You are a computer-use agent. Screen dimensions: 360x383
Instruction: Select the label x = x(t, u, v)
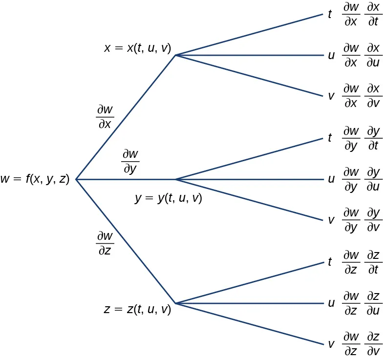[x=137, y=48]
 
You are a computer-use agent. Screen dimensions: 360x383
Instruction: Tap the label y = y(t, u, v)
[x=168, y=198]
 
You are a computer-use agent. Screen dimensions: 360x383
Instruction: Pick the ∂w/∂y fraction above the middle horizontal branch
[x=130, y=162]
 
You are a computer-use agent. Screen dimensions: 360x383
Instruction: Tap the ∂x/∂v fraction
[x=374, y=97]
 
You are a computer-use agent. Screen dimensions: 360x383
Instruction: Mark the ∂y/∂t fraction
[x=374, y=139]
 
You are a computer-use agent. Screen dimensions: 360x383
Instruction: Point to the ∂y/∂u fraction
[x=374, y=179]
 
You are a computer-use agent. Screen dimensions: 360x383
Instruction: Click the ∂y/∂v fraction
[x=374, y=220]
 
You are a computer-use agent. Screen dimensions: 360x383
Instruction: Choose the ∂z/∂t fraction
[x=374, y=262]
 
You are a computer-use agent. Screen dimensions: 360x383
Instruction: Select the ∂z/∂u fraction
[x=374, y=303]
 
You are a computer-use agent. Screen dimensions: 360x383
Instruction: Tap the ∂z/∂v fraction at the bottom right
[x=374, y=343]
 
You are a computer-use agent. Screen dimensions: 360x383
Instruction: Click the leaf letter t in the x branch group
[x=331, y=15]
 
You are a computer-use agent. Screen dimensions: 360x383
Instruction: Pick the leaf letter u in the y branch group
[x=331, y=179]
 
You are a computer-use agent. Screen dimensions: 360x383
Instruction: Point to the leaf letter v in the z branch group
[x=331, y=343]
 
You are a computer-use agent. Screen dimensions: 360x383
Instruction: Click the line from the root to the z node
[x=126, y=241]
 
